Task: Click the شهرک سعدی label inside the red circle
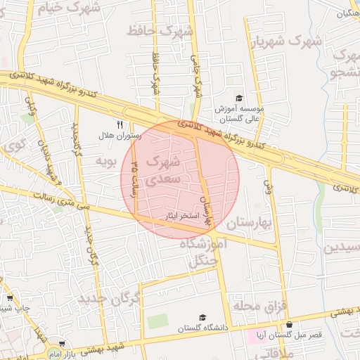click(x=164, y=171)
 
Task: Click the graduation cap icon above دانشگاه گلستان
click(x=202, y=318)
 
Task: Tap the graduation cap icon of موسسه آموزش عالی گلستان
click(x=238, y=98)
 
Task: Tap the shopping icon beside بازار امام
click(x=63, y=344)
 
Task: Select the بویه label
click(x=104, y=162)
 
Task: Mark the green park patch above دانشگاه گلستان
click(x=158, y=321)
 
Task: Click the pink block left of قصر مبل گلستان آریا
click(x=252, y=335)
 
